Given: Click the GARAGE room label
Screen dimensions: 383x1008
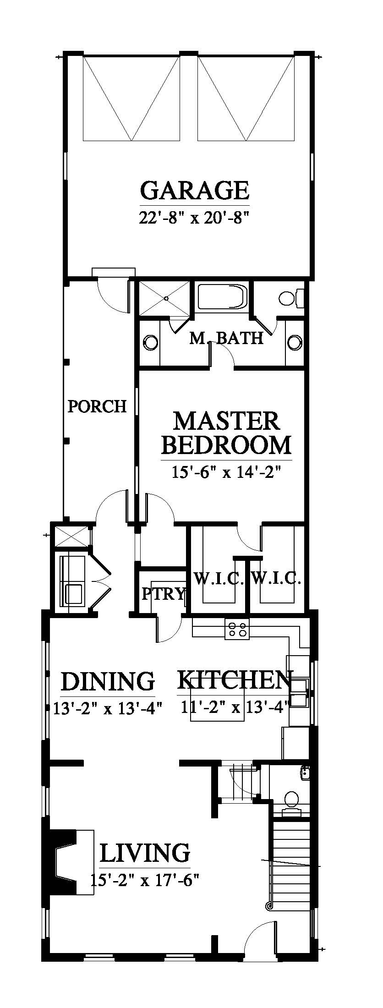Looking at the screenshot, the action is [x=195, y=190].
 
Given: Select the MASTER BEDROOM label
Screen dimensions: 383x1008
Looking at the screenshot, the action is [x=226, y=433].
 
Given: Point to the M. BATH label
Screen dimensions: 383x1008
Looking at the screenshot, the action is [x=226, y=338].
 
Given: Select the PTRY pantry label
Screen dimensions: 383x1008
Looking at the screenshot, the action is [x=163, y=594].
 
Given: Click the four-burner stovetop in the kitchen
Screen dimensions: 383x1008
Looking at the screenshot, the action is [x=236, y=629].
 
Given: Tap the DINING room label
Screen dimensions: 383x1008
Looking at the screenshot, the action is [x=108, y=681].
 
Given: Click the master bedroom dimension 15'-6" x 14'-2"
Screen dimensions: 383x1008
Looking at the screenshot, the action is [x=226, y=472].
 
